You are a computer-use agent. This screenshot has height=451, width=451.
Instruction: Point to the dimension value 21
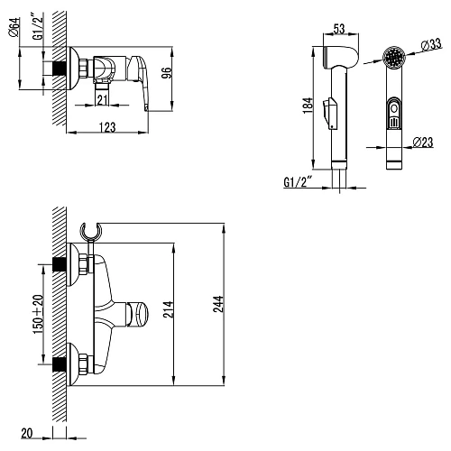pos(102,99)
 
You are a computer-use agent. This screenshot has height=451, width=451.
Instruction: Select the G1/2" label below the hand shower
pos(297,181)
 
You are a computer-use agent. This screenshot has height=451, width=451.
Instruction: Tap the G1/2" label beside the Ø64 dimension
pos(36,29)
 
